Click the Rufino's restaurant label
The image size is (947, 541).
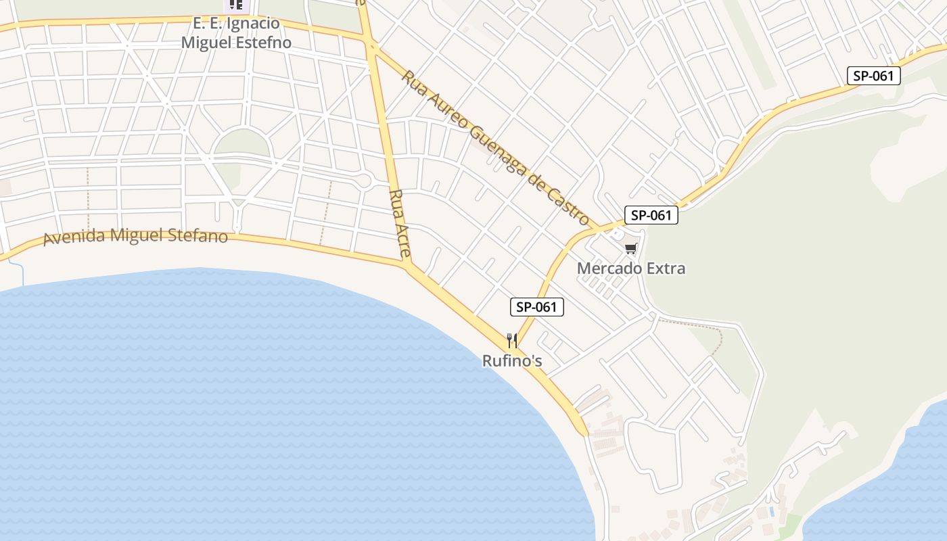pyautogui.click(x=512, y=361)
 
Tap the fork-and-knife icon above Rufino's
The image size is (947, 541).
pyautogui.click(x=512, y=340)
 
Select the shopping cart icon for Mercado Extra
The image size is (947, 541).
pyautogui.click(x=631, y=249)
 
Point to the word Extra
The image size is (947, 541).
pyautogui.click(x=666, y=268)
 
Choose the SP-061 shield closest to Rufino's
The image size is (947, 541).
pyautogui.click(x=536, y=307)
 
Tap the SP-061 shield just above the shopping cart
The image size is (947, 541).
pyautogui.click(x=651, y=215)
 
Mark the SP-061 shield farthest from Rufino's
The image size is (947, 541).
pyautogui.click(x=873, y=76)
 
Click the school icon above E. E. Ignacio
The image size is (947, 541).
pyautogui.click(x=236, y=5)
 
